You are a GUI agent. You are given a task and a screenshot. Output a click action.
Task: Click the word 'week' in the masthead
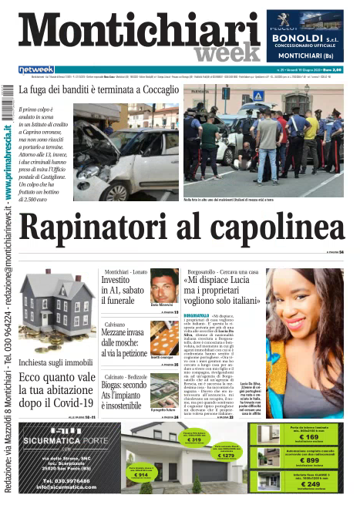pos(224,51)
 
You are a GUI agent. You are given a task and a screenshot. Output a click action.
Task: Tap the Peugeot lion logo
pos(304,22)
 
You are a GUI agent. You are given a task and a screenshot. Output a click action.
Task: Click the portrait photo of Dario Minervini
pos(164,286)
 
